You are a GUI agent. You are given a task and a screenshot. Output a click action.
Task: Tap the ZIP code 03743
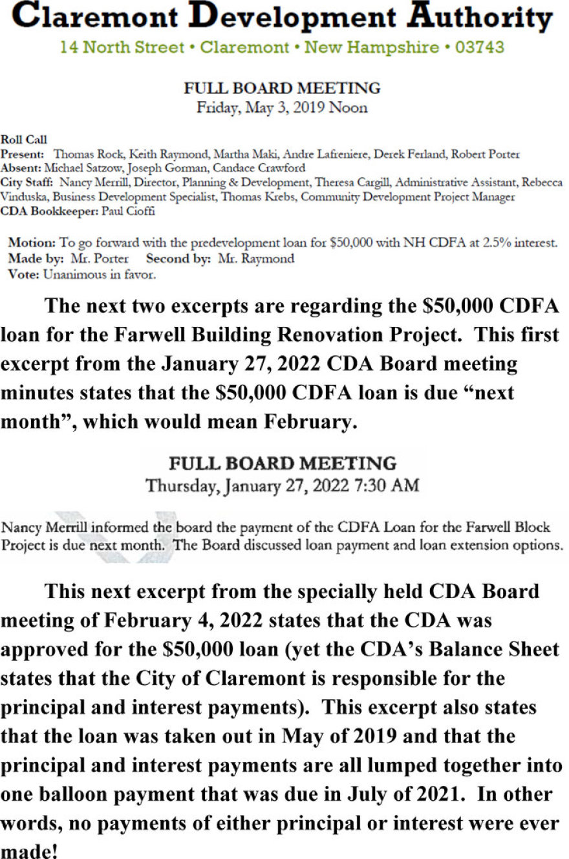[480, 47]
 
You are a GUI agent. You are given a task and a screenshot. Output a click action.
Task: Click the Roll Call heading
[24, 139]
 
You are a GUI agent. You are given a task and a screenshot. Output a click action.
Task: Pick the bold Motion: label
[32, 243]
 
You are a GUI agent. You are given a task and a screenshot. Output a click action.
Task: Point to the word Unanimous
[74, 274]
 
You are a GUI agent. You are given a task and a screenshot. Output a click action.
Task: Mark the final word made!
[29, 851]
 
